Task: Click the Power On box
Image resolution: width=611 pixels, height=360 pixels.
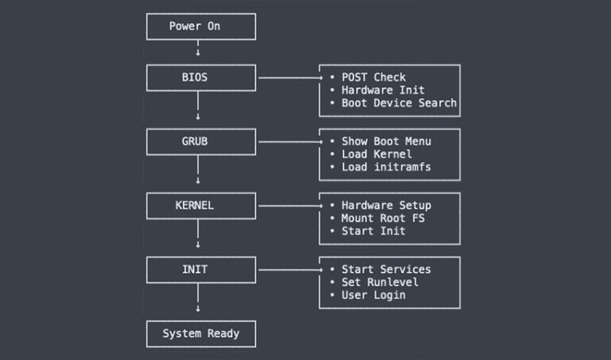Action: coord(201,27)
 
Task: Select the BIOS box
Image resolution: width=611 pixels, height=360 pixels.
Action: coord(201,77)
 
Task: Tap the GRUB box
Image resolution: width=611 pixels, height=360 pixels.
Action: coord(201,141)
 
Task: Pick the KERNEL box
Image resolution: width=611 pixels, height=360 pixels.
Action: coord(201,206)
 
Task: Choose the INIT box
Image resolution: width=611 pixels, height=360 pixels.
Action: coord(201,269)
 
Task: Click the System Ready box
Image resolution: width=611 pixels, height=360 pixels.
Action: coord(201,333)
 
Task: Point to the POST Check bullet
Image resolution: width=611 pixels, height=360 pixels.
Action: coord(373,77)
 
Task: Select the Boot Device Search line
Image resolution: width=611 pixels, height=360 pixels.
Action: coord(398,102)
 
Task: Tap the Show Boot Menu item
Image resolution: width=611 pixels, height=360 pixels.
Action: coord(386,141)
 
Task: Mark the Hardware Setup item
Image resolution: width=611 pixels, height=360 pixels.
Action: coord(386,206)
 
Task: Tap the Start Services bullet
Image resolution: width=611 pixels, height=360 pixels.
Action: coord(386,269)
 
